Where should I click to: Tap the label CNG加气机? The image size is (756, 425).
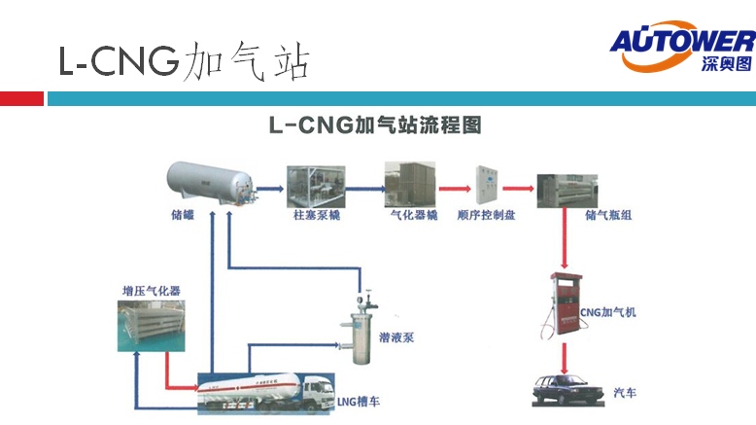[608, 313]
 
